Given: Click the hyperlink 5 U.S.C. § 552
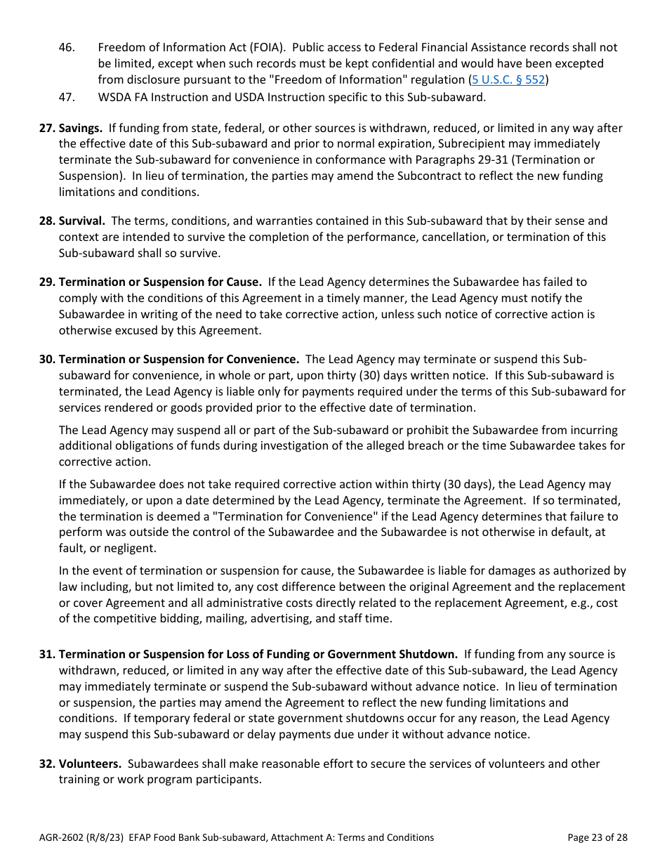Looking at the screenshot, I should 508,79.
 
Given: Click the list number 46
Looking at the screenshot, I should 67,47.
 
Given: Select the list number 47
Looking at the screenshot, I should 67,97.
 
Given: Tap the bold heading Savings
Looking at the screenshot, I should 81,128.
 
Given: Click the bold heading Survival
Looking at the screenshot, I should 82,221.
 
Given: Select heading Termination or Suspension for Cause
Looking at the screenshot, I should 160,282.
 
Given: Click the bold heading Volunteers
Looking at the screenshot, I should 90,763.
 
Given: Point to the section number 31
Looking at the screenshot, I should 47,654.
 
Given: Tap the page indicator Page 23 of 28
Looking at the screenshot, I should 597,837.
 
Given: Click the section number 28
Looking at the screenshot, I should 47,221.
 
